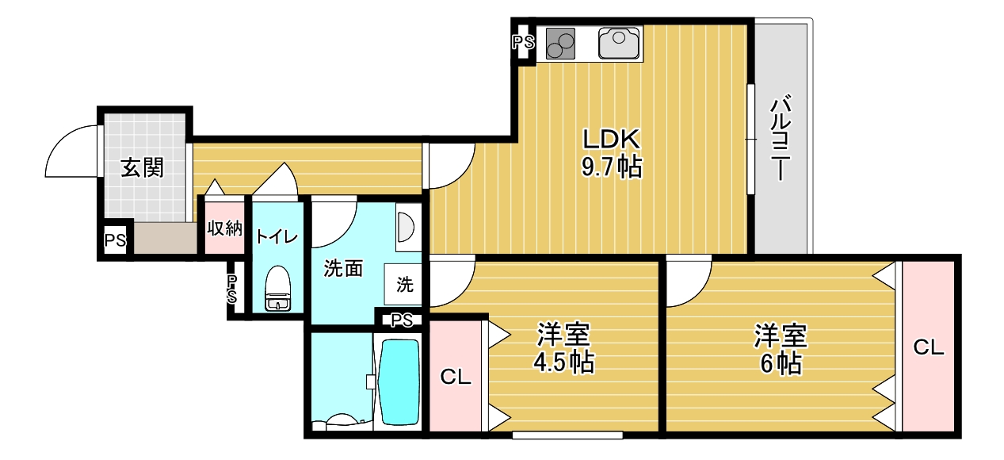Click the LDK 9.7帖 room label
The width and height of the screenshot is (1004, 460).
click(x=611, y=153)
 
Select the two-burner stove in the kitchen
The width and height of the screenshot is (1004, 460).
click(x=559, y=43)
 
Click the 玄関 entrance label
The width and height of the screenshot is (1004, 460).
click(x=143, y=168)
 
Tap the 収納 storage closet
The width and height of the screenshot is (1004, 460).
click(x=224, y=228)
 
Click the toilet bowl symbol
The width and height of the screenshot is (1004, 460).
click(x=277, y=290)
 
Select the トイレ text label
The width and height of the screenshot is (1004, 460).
click(x=277, y=236)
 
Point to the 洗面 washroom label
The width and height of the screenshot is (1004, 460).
click(x=343, y=270)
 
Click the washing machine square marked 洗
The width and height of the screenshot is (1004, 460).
click(x=404, y=283)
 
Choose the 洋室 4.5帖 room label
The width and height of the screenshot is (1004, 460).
click(x=563, y=348)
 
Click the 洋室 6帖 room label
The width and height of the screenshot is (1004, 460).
click(x=781, y=348)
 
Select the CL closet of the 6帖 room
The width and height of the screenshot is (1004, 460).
click(x=929, y=347)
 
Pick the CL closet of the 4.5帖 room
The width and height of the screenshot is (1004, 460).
click(x=456, y=377)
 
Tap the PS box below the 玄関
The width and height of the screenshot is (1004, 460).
click(x=115, y=240)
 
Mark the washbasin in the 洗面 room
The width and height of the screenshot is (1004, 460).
click(x=406, y=226)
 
